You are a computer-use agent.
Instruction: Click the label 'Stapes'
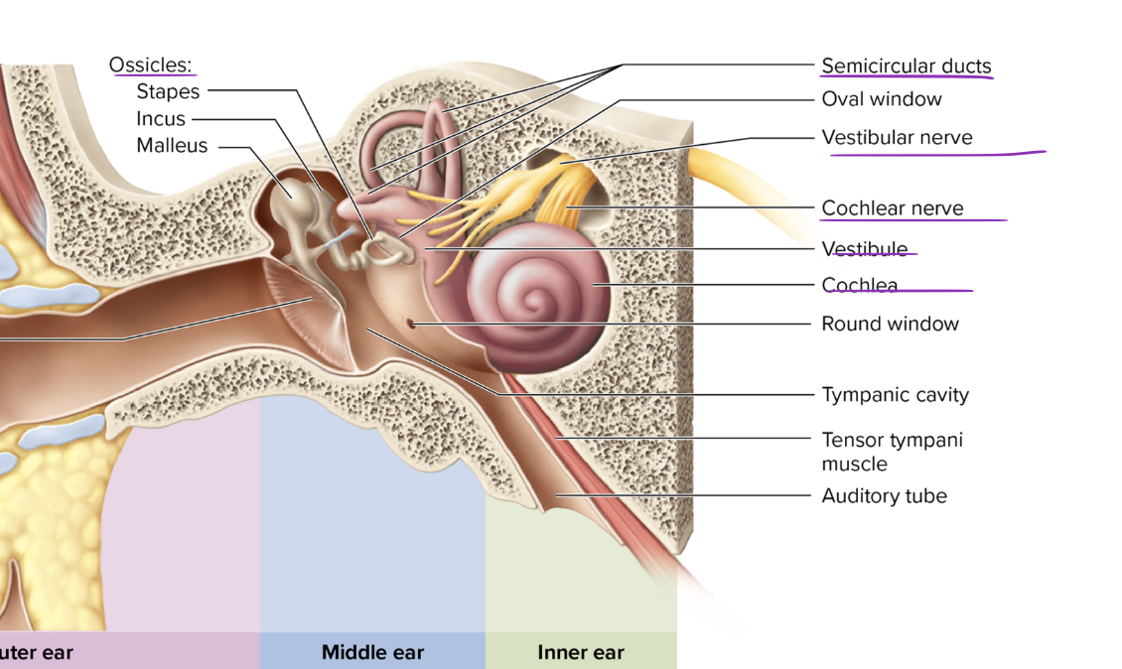(168, 91)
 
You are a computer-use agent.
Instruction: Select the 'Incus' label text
(161, 118)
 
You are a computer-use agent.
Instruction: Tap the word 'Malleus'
(172, 145)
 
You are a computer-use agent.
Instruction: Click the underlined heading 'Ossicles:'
(151, 65)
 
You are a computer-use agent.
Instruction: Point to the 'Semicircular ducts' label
(906, 67)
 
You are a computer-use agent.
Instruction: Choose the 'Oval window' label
(882, 98)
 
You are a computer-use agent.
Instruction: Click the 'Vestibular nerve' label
(897, 137)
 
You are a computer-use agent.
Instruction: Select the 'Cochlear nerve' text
(892, 207)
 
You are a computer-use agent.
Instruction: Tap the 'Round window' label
(890, 324)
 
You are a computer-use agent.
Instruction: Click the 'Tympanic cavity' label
(895, 394)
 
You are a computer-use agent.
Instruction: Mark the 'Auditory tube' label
(884, 495)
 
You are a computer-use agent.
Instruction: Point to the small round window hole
(411, 323)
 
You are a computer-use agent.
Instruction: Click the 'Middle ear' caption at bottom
(372, 652)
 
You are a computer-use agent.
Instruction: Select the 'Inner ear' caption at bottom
(581, 652)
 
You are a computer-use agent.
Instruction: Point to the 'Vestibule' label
(864, 248)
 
